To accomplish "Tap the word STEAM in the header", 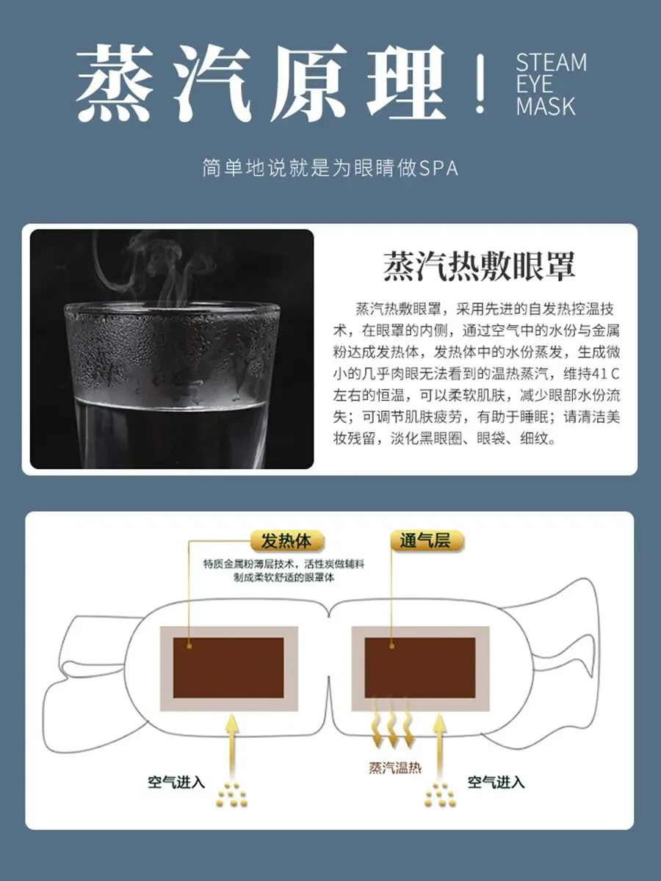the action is (x=551, y=63).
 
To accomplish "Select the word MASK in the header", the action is (x=546, y=106).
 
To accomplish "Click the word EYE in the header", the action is (x=534, y=84).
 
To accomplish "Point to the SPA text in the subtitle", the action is (x=438, y=169).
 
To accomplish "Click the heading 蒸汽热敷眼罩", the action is (x=479, y=266).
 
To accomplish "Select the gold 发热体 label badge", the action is (x=286, y=541).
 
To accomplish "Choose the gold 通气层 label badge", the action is (x=427, y=540).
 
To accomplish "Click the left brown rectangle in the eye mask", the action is (x=228, y=668).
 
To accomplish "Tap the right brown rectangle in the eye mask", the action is (x=420, y=668).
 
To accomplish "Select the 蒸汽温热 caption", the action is (x=395, y=768).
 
